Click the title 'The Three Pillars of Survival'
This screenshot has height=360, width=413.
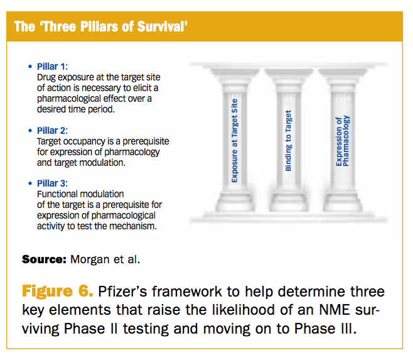pyautogui.click(x=101, y=26)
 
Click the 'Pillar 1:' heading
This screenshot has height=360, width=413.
pyautogui.click(x=52, y=67)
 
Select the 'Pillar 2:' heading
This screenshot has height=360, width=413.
pyautogui.click(x=52, y=131)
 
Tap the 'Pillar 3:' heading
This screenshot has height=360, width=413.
pyautogui.click(x=52, y=183)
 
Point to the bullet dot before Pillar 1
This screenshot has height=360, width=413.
pyautogui.click(x=30, y=67)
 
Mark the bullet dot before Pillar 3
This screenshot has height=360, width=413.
pyautogui.click(x=30, y=183)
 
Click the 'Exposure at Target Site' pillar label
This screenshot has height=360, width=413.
pyautogui.click(x=234, y=141)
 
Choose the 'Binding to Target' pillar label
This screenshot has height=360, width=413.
pyautogui.click(x=288, y=141)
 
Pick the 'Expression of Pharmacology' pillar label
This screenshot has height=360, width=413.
pyautogui.click(x=343, y=141)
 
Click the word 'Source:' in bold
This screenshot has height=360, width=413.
pyautogui.click(x=44, y=259)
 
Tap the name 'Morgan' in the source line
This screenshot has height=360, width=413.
pyautogui.click(x=90, y=260)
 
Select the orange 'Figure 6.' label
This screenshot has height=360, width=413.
pyautogui.click(x=57, y=292)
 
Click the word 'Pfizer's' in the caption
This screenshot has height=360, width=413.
pyautogui.click(x=122, y=292)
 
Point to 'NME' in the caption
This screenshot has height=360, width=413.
pyautogui.click(x=334, y=310)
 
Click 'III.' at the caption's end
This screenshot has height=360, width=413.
pyautogui.click(x=348, y=329)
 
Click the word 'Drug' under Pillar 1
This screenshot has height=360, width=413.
pyautogui.click(x=46, y=77)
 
